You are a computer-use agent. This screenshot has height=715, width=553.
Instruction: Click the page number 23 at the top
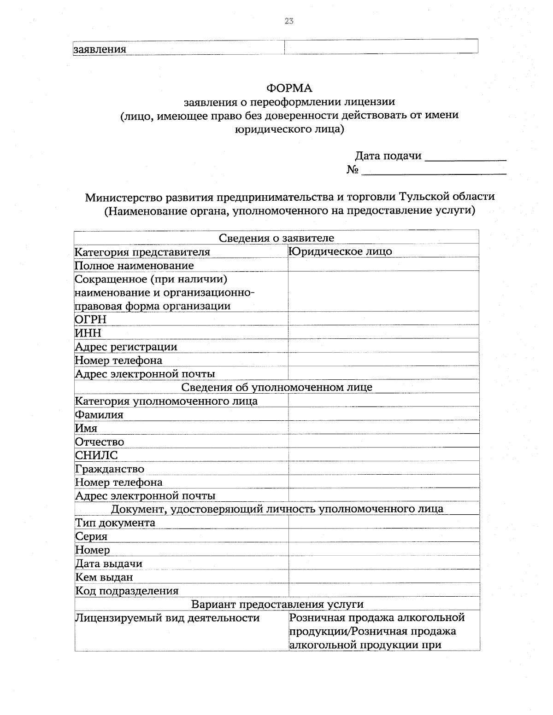click(289, 21)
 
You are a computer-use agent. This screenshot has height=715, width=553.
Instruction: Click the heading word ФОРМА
click(289, 88)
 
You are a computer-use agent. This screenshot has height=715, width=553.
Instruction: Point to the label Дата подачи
click(388, 156)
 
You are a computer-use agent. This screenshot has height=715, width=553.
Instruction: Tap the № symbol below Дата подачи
click(353, 170)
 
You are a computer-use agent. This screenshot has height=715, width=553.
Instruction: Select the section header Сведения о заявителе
click(276, 238)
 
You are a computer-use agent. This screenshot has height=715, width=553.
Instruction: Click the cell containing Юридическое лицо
click(340, 251)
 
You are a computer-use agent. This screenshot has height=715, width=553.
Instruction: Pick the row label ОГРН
click(91, 320)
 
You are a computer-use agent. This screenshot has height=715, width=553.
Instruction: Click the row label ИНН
click(88, 333)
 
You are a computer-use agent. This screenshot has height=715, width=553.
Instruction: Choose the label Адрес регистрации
click(126, 347)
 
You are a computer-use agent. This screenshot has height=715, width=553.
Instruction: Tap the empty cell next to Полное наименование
click(383, 265)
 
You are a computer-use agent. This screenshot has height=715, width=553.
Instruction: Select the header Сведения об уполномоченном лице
click(276, 387)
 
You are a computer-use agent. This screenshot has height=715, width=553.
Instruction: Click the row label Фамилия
click(99, 415)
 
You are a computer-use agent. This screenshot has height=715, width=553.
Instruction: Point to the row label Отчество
click(100, 442)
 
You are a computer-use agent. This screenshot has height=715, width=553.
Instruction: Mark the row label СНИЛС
click(96, 455)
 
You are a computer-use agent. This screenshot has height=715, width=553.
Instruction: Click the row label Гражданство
click(110, 469)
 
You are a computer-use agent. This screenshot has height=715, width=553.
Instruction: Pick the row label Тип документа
click(115, 523)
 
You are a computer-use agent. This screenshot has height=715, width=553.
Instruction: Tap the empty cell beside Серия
click(383, 536)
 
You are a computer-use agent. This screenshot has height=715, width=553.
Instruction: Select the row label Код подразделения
click(127, 591)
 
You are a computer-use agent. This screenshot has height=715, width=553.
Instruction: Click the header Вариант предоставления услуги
click(277, 604)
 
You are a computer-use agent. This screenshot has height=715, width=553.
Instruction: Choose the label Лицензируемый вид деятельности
click(167, 618)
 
